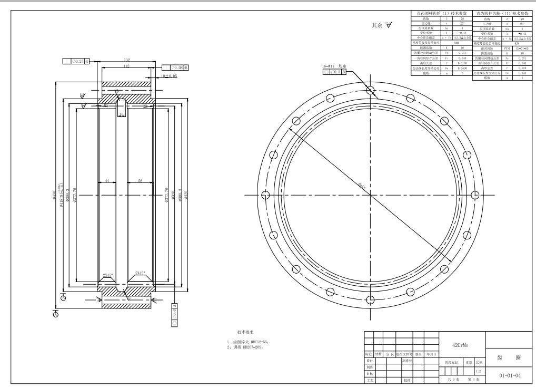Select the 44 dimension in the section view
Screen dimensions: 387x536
point(107,180)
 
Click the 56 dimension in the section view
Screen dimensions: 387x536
point(139,180)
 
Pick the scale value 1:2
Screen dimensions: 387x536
point(478,371)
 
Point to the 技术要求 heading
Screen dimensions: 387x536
point(246,333)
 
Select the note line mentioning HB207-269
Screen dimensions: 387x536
point(244,347)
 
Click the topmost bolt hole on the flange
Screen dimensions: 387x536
point(370,90)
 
